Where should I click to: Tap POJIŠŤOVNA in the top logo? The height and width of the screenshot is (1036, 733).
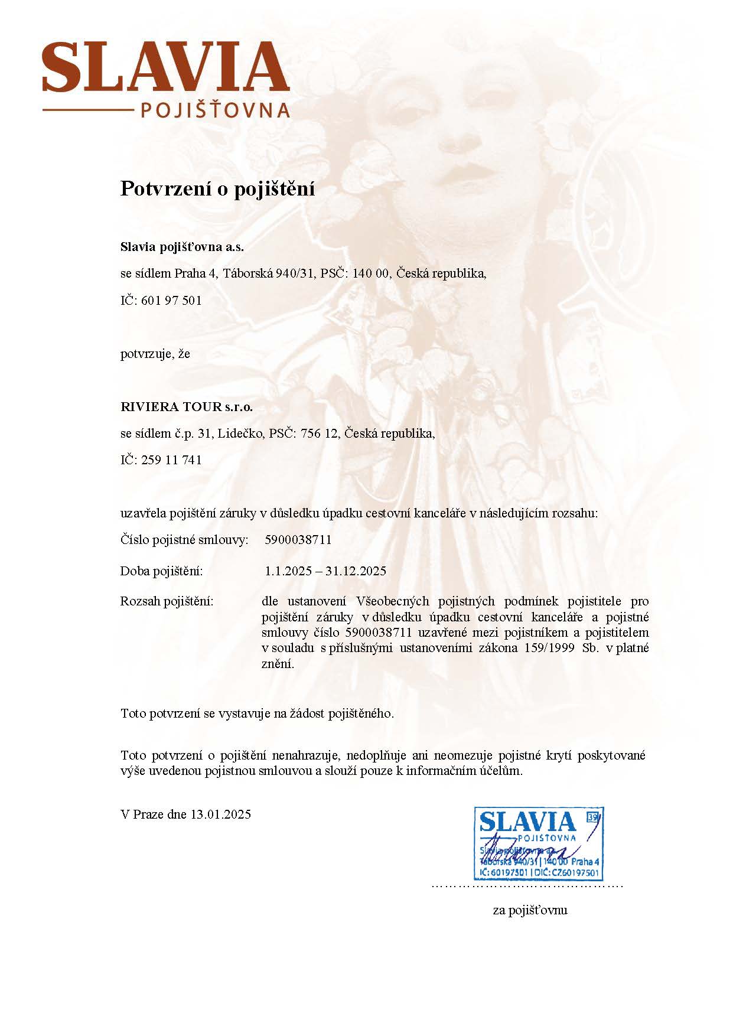coord(216,110)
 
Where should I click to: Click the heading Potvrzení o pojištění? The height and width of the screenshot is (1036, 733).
coord(217,188)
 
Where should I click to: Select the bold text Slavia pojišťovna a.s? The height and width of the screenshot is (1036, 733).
coord(182,247)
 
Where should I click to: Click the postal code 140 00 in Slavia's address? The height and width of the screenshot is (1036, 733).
coord(372,273)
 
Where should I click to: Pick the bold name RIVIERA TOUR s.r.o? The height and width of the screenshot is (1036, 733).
coord(186,407)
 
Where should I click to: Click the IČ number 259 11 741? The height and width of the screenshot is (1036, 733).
coord(172,460)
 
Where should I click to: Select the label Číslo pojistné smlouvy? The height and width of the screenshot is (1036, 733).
coord(184,540)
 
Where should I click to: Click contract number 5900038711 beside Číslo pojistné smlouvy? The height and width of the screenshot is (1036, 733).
coord(298,540)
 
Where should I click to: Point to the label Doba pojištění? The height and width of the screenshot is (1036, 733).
coord(161,571)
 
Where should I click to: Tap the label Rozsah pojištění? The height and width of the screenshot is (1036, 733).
coord(167,602)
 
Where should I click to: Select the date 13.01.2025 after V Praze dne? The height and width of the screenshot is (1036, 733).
coord(220,815)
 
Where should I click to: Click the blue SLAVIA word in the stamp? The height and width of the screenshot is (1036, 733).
coord(527,822)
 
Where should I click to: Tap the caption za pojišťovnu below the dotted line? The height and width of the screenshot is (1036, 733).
coord(530,910)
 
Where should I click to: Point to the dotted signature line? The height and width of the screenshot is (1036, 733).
coord(527,886)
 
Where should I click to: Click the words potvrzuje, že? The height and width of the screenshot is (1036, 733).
coord(155,354)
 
